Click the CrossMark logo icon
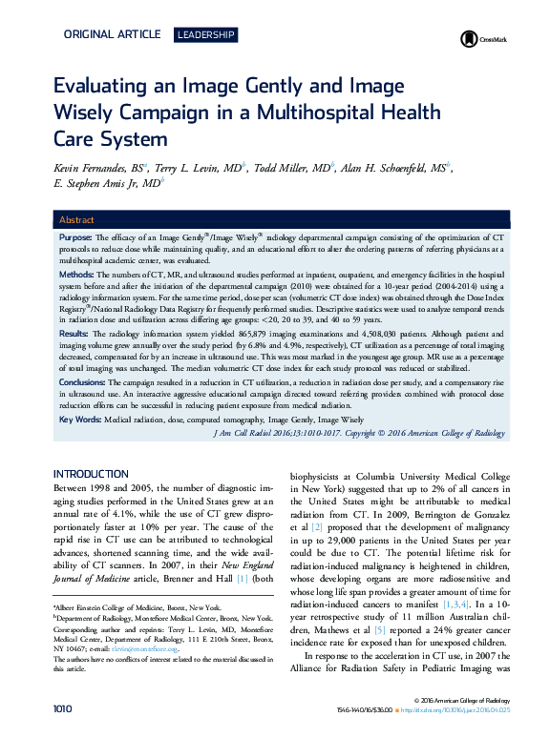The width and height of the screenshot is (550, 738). [469, 39]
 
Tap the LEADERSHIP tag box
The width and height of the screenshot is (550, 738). [205, 35]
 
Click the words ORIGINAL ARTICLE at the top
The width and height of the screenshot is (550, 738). [112, 35]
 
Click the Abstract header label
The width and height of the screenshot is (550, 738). [77, 219]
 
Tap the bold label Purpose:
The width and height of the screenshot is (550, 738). [75, 236]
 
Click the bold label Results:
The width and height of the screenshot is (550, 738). [74, 335]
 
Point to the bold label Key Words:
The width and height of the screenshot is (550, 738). [80, 420]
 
